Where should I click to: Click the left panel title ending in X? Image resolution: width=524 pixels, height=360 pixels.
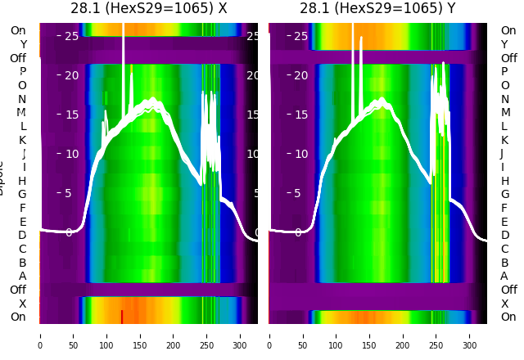point(148,9)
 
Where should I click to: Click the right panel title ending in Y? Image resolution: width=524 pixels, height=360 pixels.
point(379,9)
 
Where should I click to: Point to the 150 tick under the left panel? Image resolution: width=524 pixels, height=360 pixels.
point(140,335)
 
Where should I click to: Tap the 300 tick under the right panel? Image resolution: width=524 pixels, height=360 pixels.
point(470,335)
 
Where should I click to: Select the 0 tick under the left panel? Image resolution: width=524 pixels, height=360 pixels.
point(39,335)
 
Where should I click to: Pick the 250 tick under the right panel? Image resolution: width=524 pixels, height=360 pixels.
point(436,335)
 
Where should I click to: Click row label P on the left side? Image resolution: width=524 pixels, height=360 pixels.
point(22,72)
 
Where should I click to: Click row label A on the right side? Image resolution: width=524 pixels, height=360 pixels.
point(504,277)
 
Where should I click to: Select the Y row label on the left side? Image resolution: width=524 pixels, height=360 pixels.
point(23,44)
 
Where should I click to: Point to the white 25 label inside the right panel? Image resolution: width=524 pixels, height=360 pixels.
point(301,36)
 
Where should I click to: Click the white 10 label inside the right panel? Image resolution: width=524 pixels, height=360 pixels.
point(301,154)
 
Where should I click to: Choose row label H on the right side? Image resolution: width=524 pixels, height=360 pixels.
point(504,181)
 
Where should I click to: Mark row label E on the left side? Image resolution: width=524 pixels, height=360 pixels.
point(22,222)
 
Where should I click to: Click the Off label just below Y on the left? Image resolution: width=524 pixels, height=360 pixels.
point(18,58)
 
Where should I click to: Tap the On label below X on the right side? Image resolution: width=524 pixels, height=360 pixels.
point(508,317)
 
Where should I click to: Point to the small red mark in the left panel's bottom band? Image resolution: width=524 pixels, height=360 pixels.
point(122,317)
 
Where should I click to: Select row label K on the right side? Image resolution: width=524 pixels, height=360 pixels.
point(504,140)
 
